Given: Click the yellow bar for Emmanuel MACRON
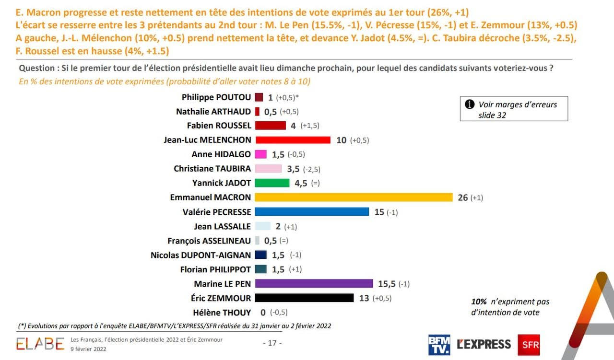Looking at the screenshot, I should click(x=354, y=197).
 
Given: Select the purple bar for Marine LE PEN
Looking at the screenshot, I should click(x=314, y=284).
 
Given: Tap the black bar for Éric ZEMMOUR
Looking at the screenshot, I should click(x=304, y=298).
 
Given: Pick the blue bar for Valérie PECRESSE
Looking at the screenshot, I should click(x=312, y=212).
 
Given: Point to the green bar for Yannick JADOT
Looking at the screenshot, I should click(x=272, y=183).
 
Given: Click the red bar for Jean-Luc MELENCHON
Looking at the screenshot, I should click(x=293, y=140).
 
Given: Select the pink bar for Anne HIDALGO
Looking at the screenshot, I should click(x=260, y=154).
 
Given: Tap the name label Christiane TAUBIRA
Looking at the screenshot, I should click(x=212, y=169).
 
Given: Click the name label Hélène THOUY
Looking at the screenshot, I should click(x=222, y=313).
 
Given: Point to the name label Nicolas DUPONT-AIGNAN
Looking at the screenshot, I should click(x=201, y=255).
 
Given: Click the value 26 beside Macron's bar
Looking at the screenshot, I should click(x=462, y=197).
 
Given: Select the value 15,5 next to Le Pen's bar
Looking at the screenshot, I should click(x=387, y=284).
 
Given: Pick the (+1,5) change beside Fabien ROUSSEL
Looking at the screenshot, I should click(x=310, y=126).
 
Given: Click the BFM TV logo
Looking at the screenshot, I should click(x=439, y=344).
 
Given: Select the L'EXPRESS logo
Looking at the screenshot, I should click(x=484, y=344).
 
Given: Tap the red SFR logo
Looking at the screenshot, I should click(x=529, y=344).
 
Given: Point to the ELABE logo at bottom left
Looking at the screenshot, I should click(x=40, y=344).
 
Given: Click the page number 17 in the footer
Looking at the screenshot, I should click(x=272, y=343).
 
